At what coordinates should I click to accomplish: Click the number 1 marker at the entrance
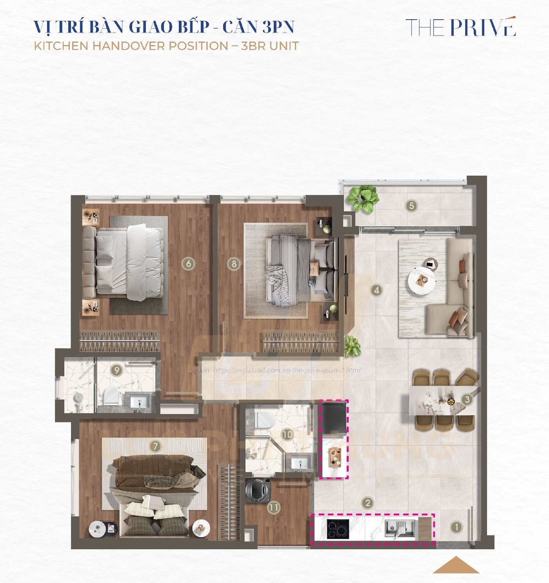click(x=456, y=527)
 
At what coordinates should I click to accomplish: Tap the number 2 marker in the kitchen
click(x=367, y=503)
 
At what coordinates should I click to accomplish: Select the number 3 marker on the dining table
click(x=467, y=400)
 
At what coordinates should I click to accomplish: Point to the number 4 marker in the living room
click(x=376, y=291)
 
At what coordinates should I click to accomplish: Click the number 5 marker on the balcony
click(x=411, y=206)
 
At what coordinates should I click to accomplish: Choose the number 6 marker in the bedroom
click(x=189, y=263)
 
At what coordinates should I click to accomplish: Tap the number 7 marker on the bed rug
click(x=155, y=446)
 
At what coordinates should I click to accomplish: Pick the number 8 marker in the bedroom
click(x=234, y=263)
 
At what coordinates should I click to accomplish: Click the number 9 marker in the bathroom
click(x=116, y=370)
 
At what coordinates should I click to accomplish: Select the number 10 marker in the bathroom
click(x=287, y=434)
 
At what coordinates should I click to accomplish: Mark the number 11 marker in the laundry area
click(x=274, y=508)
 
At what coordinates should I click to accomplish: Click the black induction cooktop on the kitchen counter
click(x=338, y=530)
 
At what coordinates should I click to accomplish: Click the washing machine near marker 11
click(x=257, y=490)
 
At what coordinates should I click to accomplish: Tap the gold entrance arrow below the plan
click(x=456, y=565)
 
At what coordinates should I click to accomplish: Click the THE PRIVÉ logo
click(x=460, y=27)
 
